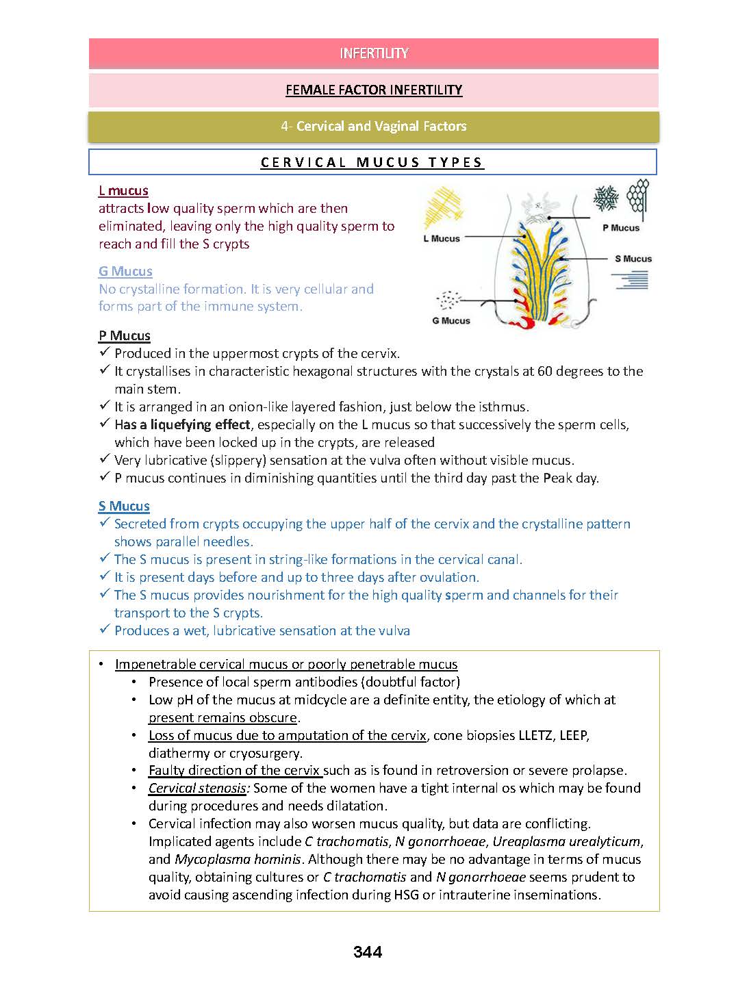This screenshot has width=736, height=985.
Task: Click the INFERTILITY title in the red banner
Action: coord(374,53)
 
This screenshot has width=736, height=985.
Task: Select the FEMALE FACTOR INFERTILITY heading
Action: coord(374,90)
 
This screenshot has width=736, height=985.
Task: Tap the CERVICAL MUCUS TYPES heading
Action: coord(372,162)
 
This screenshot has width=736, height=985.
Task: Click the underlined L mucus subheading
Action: coord(123,190)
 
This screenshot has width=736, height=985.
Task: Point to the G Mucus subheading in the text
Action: coord(125,271)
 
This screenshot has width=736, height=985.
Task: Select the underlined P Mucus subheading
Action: coord(125,335)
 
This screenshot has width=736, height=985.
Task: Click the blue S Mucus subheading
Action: coord(124,506)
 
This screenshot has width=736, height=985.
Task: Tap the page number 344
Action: coord(368,951)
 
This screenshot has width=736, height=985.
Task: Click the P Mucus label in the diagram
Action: coord(620,228)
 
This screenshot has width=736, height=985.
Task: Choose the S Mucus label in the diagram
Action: coord(633,259)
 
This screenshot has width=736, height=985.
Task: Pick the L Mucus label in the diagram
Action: coord(442,238)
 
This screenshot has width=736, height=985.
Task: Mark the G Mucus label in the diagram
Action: coord(451,320)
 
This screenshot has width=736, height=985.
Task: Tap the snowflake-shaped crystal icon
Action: coord(606,198)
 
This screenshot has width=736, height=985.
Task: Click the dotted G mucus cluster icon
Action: coord(449,299)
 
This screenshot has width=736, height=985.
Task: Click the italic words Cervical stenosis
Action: coord(197,788)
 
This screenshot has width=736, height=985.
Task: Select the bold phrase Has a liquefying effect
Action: coord(182,424)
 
